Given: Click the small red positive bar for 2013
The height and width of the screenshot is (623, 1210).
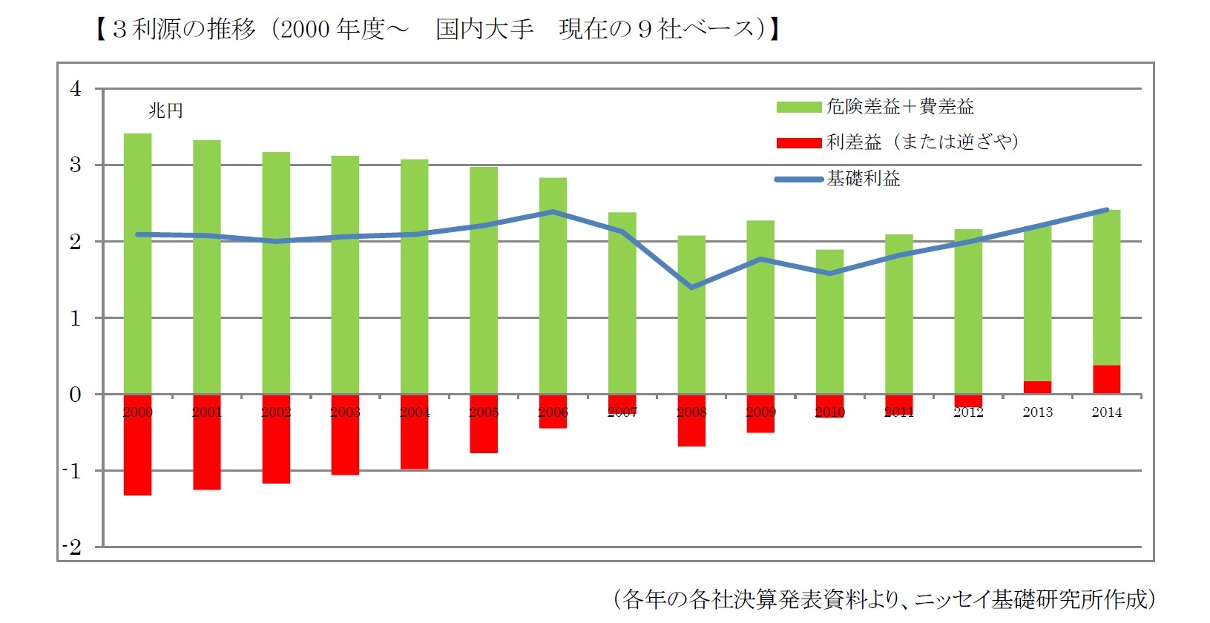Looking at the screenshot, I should pos(1037,387).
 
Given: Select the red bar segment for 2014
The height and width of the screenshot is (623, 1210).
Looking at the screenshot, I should pos(1106,379).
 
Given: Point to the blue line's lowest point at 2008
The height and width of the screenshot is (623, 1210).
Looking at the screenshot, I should pos(691,287).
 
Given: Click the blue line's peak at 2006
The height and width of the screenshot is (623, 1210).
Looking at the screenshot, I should pos(553,211).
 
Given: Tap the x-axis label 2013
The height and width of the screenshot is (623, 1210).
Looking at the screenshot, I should pos(1037,412).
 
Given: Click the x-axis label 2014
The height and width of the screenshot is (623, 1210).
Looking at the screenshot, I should pos(1106,412).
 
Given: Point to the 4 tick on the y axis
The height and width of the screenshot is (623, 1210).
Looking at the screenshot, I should pos(75,89).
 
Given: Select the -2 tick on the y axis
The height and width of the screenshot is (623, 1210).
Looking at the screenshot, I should pos(72,547).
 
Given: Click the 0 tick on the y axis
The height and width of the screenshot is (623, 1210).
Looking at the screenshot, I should pos(75,395).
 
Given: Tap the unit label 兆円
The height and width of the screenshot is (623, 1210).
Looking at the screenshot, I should pos(165,111).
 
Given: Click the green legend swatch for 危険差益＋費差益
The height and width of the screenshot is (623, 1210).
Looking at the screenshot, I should pos(798,108).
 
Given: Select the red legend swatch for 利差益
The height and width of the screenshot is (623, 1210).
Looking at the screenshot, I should pos(798,142).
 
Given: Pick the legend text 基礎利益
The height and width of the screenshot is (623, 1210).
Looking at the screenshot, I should pos(864,179).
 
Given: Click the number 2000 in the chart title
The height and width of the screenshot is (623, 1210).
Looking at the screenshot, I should pos(306,30).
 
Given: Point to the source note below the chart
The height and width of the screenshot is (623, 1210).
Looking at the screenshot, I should pos(883,599).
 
